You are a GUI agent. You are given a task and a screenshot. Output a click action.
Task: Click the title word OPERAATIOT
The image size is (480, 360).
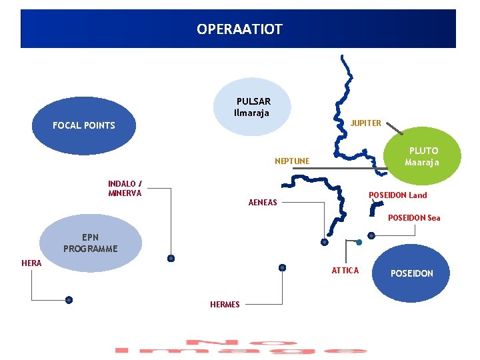pos(239,29)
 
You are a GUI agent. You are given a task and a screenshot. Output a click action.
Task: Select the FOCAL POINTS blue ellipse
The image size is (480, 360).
pos(84,125)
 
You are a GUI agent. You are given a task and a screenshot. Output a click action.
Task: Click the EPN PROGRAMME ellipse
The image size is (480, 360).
pos(91,243)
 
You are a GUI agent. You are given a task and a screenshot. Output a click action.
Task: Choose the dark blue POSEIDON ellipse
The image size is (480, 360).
pos(411,273)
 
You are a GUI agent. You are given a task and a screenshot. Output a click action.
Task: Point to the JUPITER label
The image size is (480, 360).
pos(366,123)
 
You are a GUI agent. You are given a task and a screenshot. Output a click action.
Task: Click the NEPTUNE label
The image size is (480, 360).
pos(292,161)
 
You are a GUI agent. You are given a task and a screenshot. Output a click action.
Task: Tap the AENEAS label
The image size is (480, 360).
pos(263,202)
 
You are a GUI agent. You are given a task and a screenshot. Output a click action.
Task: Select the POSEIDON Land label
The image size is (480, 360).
pos(398,195)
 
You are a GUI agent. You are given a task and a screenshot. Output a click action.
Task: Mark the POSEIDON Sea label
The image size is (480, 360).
pos(414,218)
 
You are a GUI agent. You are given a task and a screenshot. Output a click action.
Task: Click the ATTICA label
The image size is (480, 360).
pos(345,270)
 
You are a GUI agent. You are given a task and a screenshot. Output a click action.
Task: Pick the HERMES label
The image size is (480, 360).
pos(225,305)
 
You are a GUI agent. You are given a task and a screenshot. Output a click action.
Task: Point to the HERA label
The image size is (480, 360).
pos(31,263)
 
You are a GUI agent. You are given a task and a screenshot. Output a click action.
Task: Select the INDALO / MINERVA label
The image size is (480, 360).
pos(125,188)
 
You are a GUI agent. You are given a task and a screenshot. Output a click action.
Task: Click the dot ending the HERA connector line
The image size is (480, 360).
pos(69,300)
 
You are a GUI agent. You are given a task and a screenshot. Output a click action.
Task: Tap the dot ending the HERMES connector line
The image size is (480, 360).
pos(282,267)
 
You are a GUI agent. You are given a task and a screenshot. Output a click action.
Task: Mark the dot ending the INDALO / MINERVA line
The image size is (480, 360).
pos(171,258)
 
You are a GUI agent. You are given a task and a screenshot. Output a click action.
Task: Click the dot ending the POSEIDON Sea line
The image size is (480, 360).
pos(371,235)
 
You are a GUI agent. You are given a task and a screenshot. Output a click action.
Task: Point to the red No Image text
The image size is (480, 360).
pos(240,347)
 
